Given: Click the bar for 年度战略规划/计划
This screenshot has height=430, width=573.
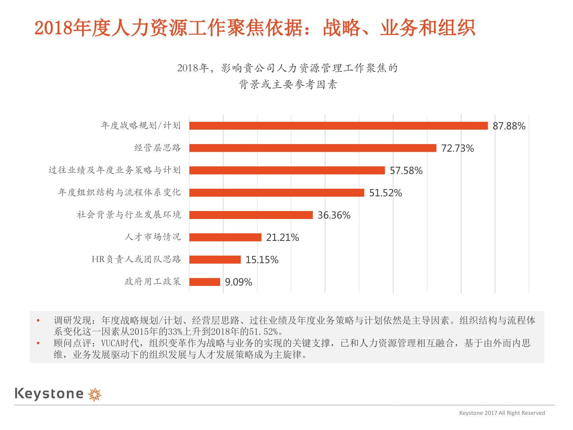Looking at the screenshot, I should coord(338,126).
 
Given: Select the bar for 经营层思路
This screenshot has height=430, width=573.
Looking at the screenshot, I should coord(313,148).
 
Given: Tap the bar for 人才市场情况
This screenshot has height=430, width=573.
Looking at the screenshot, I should coord(225,237).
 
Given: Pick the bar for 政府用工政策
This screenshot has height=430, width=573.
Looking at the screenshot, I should coord(205,282).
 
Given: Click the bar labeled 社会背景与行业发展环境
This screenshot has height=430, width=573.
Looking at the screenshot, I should coord(251,215).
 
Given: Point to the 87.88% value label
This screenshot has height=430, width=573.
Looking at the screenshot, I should coord(509,126).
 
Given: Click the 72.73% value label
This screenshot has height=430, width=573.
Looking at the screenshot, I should coord(458,149).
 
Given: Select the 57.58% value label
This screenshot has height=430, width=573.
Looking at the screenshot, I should coord(406,171).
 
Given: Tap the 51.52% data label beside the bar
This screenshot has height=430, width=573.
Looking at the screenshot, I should coord(386,193).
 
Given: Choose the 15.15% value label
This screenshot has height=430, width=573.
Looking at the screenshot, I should coord(262,260).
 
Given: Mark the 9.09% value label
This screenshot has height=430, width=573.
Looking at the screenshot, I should coord(238,282).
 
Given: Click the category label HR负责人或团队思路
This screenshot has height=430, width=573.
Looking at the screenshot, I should coord(136,259).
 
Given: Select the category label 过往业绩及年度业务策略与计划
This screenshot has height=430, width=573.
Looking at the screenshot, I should coord(115,170).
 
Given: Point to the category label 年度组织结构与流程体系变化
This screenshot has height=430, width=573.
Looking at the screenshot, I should coord(119,192).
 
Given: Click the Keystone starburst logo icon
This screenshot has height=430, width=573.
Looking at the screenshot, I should coord(95,394).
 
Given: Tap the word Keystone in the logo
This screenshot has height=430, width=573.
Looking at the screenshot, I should coord(49,394).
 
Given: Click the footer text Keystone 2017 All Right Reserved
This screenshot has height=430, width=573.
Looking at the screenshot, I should coord(502,413).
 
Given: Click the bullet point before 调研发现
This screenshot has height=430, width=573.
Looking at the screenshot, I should coord(38,320).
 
